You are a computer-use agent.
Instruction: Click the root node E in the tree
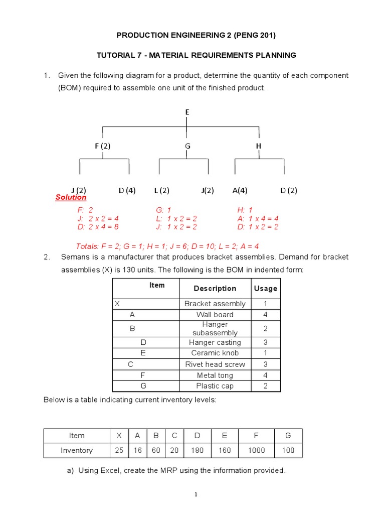click(x=187, y=112)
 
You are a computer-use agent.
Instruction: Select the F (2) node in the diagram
click(x=102, y=146)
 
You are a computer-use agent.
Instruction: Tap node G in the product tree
click(x=187, y=146)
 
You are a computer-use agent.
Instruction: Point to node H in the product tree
click(x=259, y=146)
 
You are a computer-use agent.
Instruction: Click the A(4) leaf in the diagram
click(x=240, y=190)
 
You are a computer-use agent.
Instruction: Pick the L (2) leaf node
click(x=161, y=190)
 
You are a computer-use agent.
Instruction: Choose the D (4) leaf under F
click(x=127, y=190)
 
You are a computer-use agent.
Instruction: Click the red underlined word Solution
click(x=71, y=198)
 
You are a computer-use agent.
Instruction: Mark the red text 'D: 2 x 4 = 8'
click(x=98, y=227)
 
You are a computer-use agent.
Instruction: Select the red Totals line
click(x=167, y=246)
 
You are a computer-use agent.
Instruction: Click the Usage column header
click(x=265, y=288)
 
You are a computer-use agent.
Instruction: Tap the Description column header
click(x=215, y=288)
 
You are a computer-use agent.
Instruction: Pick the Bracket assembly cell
click(x=215, y=304)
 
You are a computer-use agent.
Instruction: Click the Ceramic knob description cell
click(x=215, y=353)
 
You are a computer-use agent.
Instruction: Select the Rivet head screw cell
click(x=215, y=364)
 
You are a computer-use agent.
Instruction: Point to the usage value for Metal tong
click(x=265, y=375)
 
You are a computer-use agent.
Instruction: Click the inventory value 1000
click(x=256, y=450)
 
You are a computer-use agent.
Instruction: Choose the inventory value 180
click(x=198, y=450)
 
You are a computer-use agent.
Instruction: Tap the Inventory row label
click(x=76, y=450)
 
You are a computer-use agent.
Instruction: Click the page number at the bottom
click(x=197, y=495)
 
